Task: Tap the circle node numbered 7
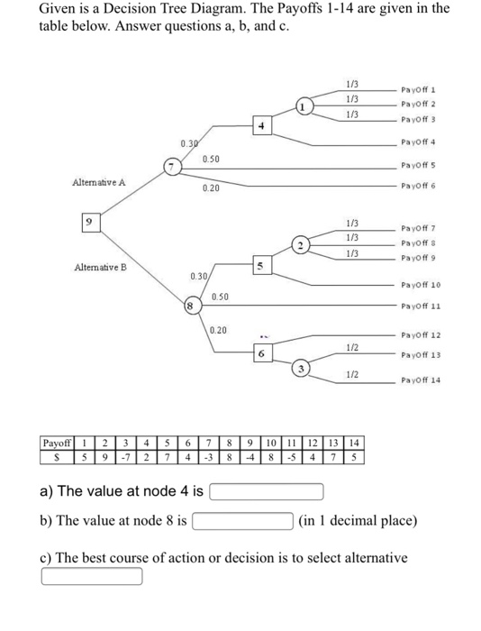pos(171,166)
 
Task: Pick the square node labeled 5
pos(260,266)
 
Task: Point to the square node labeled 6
pos(260,354)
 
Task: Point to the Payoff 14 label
pos(422,380)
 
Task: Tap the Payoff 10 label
pos(422,285)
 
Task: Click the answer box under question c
pos(91,575)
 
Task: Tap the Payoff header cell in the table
pos(58,443)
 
